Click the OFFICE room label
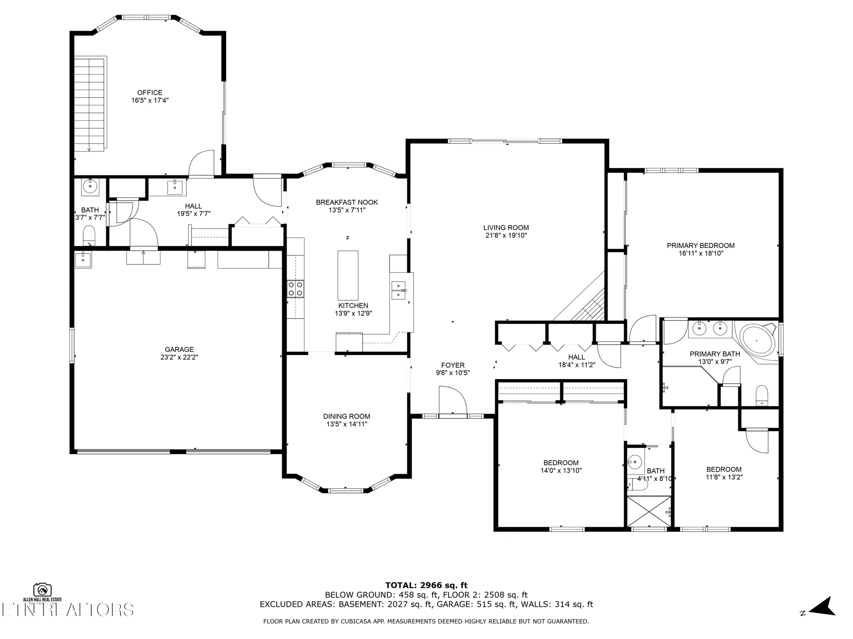(150, 92)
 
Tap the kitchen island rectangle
(348, 276)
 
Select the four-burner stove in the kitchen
(295, 288)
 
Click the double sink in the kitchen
(398, 290)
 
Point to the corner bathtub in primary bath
(758, 341)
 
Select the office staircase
(90, 104)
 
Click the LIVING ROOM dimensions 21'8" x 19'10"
(506, 235)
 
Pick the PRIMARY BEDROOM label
(700, 245)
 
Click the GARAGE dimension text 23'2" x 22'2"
(179, 357)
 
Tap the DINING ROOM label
(346, 416)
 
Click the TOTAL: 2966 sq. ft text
(426, 585)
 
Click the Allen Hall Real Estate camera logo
(42, 590)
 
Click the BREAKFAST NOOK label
(347, 202)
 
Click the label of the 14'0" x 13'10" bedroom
(560, 463)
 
